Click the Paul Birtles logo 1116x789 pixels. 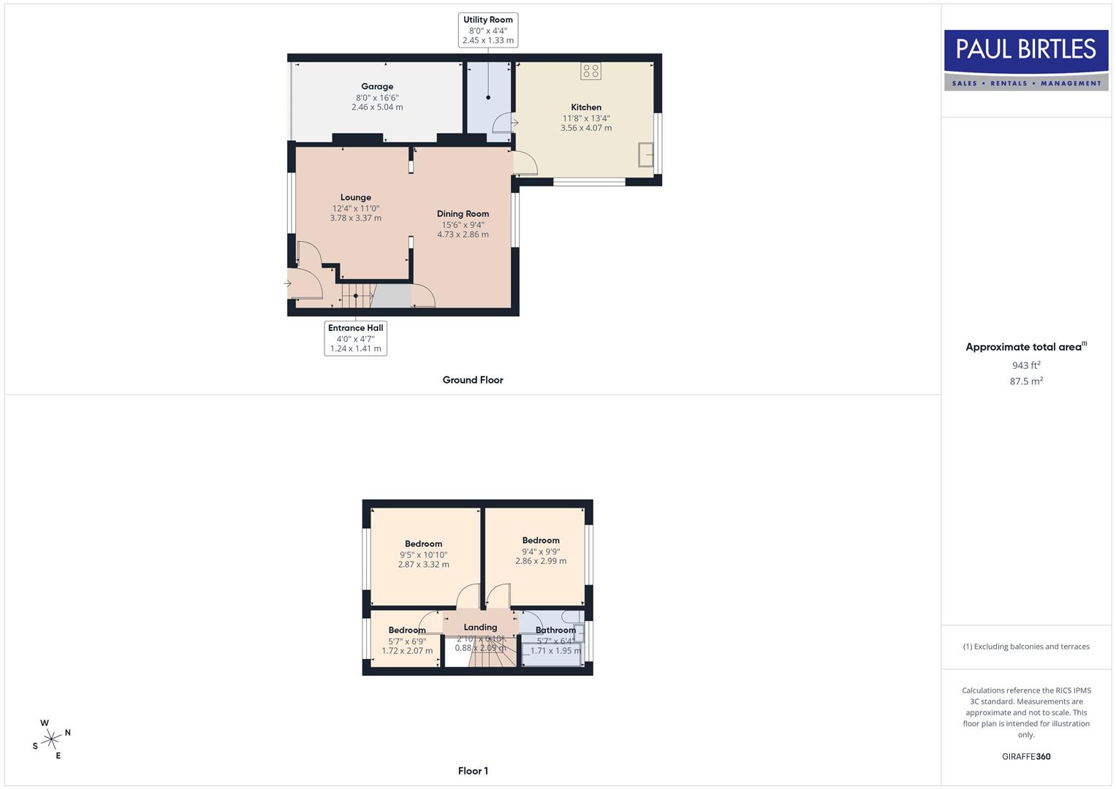tap(1026, 60)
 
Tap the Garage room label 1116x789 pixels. tap(377, 86)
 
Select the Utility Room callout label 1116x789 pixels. tap(487, 30)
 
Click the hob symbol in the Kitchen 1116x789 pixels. tap(591, 71)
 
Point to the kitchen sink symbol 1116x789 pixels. tap(645, 155)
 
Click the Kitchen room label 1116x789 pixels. tap(586, 107)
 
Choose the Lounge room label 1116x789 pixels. tap(356, 197)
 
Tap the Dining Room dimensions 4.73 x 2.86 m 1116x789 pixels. tap(463, 235)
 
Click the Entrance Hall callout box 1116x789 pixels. tap(355, 338)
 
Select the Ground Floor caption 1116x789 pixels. tap(473, 380)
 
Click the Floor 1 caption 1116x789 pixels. tap(473, 771)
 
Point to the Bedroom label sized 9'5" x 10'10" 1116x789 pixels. tap(424, 544)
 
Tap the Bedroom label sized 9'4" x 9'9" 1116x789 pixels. tap(541, 541)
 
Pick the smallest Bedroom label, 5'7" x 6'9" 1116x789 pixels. tap(407, 630)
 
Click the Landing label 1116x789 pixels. tap(480, 627)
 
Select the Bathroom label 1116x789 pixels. tap(555, 630)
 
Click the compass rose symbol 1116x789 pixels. tap(51, 739)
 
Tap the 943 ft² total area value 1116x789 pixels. tap(1026, 365)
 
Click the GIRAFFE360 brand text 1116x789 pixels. tap(1026, 757)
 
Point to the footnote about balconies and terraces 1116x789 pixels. tap(1026, 647)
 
